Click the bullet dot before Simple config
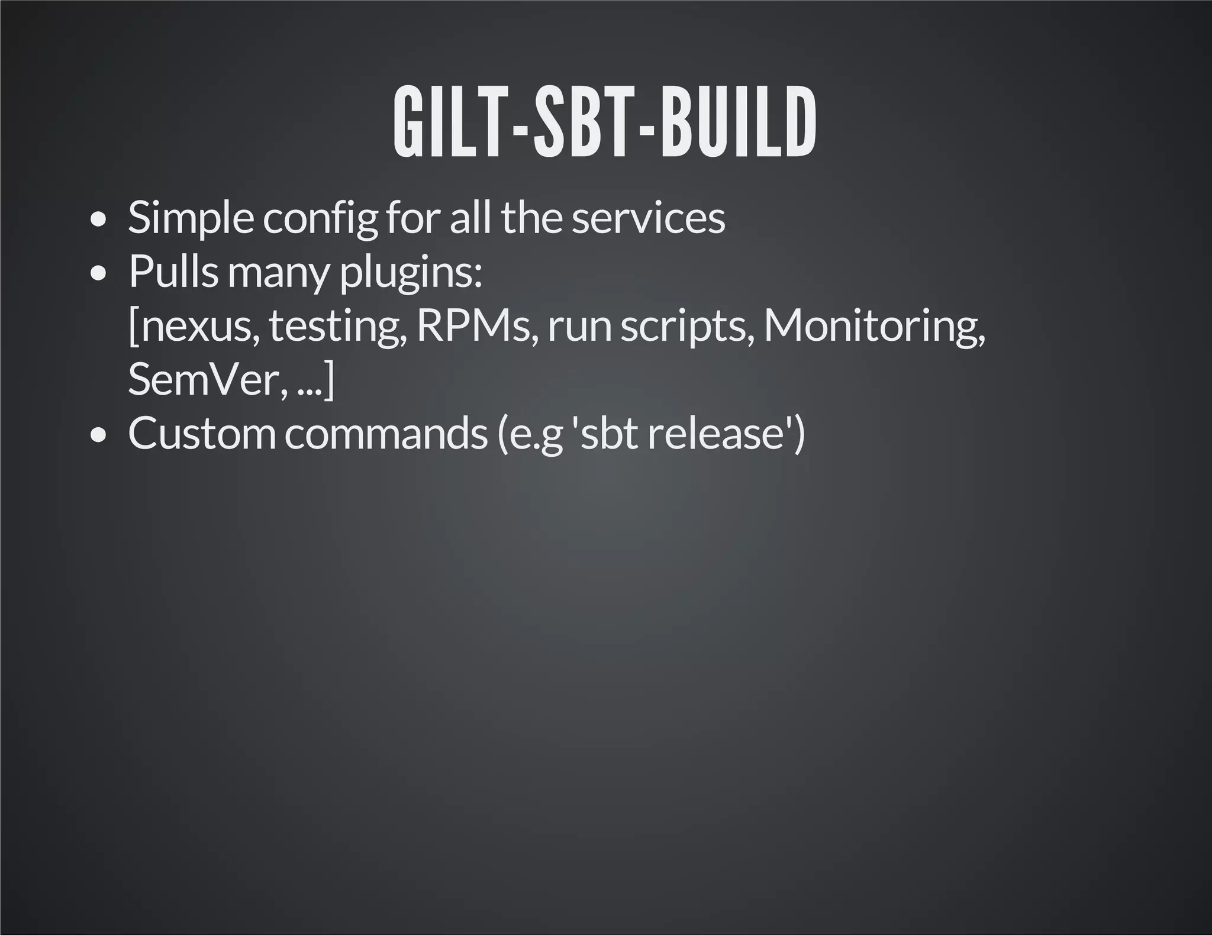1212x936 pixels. [x=98, y=220]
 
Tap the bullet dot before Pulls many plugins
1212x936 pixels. [x=98, y=274]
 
